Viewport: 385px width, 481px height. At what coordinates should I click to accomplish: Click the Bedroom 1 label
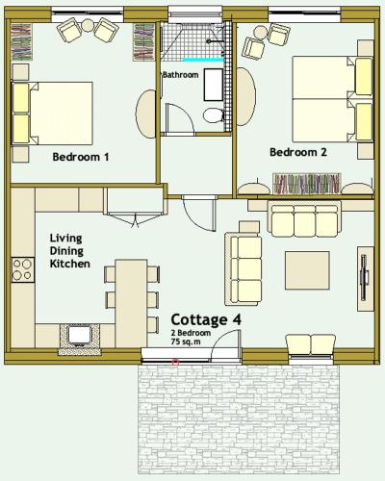(x=81, y=157)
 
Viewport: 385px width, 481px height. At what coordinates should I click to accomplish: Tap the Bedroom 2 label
(x=298, y=152)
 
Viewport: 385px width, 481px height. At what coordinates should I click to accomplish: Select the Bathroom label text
(x=181, y=75)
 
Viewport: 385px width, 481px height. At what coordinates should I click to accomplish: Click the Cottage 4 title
(x=206, y=319)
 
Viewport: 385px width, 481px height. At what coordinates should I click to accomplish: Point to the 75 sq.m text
(x=186, y=342)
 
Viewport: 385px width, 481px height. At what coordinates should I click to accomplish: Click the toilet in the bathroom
(x=214, y=115)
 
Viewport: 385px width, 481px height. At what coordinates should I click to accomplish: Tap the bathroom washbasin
(x=214, y=85)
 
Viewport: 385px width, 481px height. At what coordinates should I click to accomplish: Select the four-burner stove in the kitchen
(x=23, y=269)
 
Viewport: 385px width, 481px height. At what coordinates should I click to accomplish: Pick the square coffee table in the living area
(x=307, y=270)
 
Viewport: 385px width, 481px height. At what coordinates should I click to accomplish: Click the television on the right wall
(x=365, y=278)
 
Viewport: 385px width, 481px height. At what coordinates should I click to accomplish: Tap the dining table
(x=131, y=303)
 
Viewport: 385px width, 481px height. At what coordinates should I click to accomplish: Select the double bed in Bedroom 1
(x=53, y=113)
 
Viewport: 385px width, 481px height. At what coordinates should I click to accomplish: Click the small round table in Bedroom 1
(x=88, y=25)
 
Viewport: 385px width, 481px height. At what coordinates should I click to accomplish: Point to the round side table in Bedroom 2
(x=261, y=33)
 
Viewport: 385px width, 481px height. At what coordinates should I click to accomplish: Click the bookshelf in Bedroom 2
(x=307, y=184)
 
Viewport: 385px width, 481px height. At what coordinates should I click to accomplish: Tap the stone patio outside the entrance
(x=239, y=419)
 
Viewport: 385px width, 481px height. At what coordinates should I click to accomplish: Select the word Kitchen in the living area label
(x=70, y=264)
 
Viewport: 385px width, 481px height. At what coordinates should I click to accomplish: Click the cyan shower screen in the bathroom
(x=203, y=60)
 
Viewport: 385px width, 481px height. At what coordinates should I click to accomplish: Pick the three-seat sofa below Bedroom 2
(x=304, y=219)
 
